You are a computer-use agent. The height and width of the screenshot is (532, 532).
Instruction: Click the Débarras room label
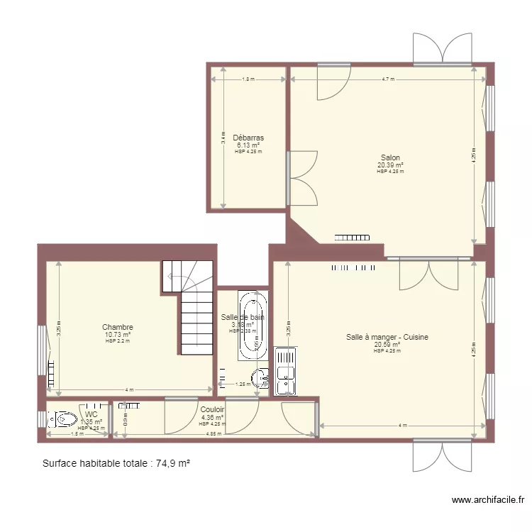[x=248, y=138]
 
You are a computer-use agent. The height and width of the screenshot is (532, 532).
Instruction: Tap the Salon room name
[x=389, y=157]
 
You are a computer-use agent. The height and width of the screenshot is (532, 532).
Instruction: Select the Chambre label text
[x=117, y=327]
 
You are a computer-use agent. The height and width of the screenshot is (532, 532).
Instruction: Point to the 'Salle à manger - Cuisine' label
[x=387, y=338]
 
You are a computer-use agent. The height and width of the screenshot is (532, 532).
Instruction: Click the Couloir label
[x=212, y=409]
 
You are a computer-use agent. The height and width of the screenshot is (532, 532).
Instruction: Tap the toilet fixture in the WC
[x=65, y=419]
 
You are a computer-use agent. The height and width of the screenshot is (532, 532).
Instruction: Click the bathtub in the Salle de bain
[x=253, y=326]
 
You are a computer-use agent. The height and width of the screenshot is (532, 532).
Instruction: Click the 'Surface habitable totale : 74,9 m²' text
[x=116, y=463]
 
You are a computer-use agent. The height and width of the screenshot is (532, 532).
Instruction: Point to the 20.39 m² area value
[x=389, y=165]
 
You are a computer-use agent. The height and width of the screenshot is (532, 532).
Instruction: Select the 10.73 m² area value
[x=117, y=334]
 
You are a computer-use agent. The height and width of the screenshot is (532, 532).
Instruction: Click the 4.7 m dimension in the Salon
[x=387, y=79]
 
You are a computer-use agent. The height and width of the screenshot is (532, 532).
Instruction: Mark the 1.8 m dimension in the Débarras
[x=247, y=79]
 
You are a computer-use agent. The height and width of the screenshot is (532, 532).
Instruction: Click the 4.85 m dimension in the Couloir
[x=212, y=434]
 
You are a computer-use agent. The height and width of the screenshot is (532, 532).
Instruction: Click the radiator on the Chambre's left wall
[x=51, y=374]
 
